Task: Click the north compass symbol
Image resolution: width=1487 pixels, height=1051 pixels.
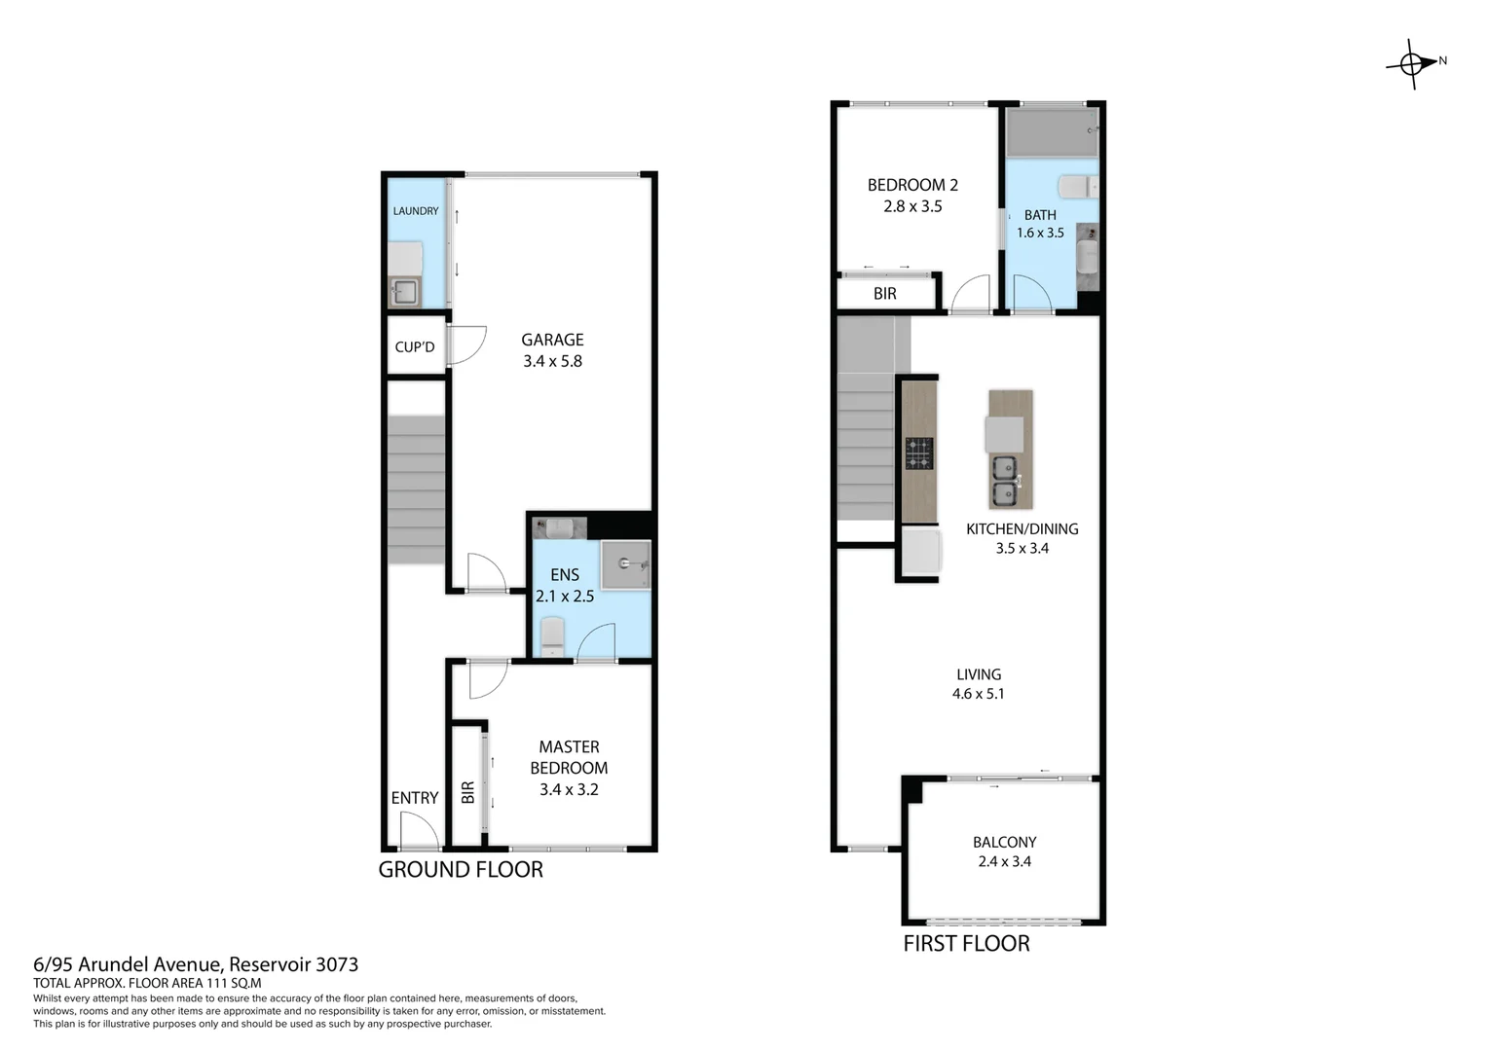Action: [x=1413, y=64]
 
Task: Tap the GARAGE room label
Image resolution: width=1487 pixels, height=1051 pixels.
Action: [x=552, y=340]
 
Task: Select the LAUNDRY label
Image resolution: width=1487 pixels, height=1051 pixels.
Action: [x=416, y=211]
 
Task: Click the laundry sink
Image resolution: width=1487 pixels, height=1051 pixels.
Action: [x=404, y=291]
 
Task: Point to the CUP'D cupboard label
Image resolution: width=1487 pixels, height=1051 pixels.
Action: [x=415, y=347]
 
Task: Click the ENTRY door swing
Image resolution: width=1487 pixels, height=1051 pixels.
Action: [x=418, y=832]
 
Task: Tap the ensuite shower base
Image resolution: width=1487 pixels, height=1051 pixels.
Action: [x=624, y=564]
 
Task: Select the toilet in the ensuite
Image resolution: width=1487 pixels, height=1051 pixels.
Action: [x=552, y=635]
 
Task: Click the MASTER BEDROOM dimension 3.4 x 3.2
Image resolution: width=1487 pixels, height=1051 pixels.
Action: [x=569, y=789]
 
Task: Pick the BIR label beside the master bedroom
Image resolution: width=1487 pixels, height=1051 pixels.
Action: [x=467, y=792]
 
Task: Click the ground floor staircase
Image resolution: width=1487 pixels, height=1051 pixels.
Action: [x=417, y=489]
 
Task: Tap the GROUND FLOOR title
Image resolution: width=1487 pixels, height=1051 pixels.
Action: [x=461, y=870]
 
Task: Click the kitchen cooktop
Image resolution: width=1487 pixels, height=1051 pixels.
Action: [x=919, y=453]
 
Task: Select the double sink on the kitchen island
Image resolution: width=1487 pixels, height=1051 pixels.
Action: [x=1004, y=482]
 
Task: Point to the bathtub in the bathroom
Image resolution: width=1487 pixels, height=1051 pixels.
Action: [x=1052, y=132]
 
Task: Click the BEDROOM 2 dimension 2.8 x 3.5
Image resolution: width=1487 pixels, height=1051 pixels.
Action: [x=912, y=206]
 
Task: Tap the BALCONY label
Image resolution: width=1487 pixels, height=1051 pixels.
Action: [x=1004, y=843]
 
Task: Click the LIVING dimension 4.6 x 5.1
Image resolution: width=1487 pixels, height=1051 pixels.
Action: [x=978, y=694]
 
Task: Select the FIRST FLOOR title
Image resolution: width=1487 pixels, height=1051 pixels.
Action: [x=966, y=943]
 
